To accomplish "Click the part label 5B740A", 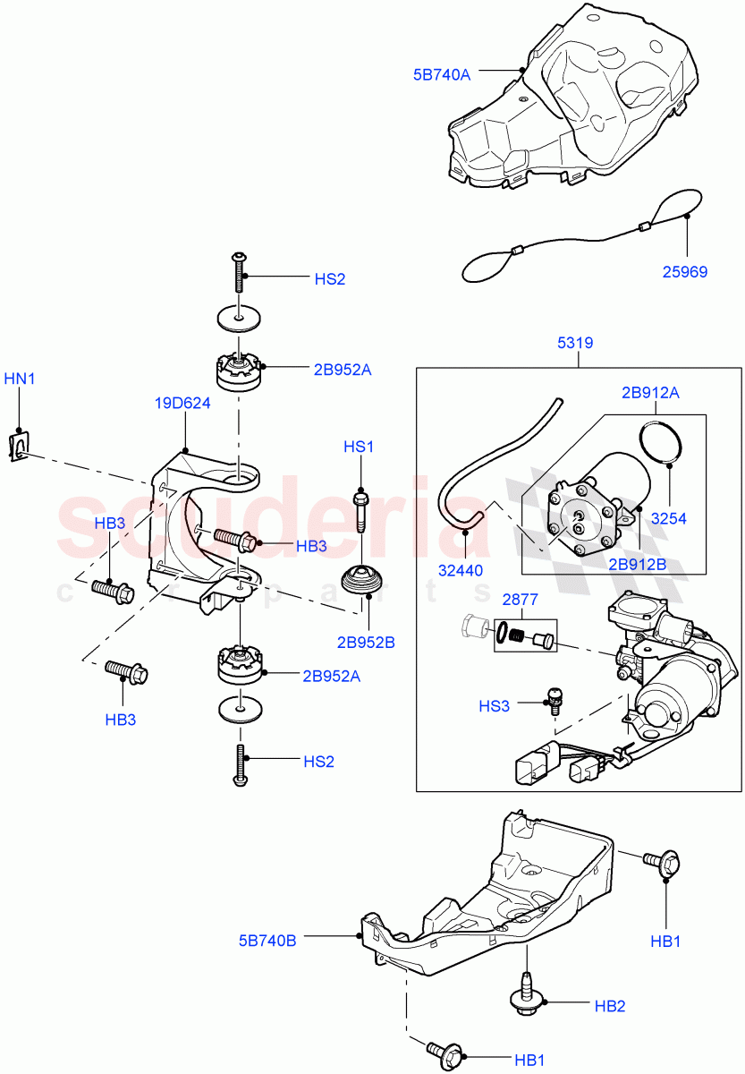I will [x=441, y=75].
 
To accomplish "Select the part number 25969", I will [x=684, y=271].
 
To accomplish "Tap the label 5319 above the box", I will [x=577, y=343].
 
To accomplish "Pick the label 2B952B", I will [x=366, y=642].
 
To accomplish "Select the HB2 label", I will [x=610, y=1007].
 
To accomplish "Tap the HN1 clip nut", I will [x=16, y=445].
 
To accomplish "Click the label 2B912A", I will [x=652, y=393].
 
